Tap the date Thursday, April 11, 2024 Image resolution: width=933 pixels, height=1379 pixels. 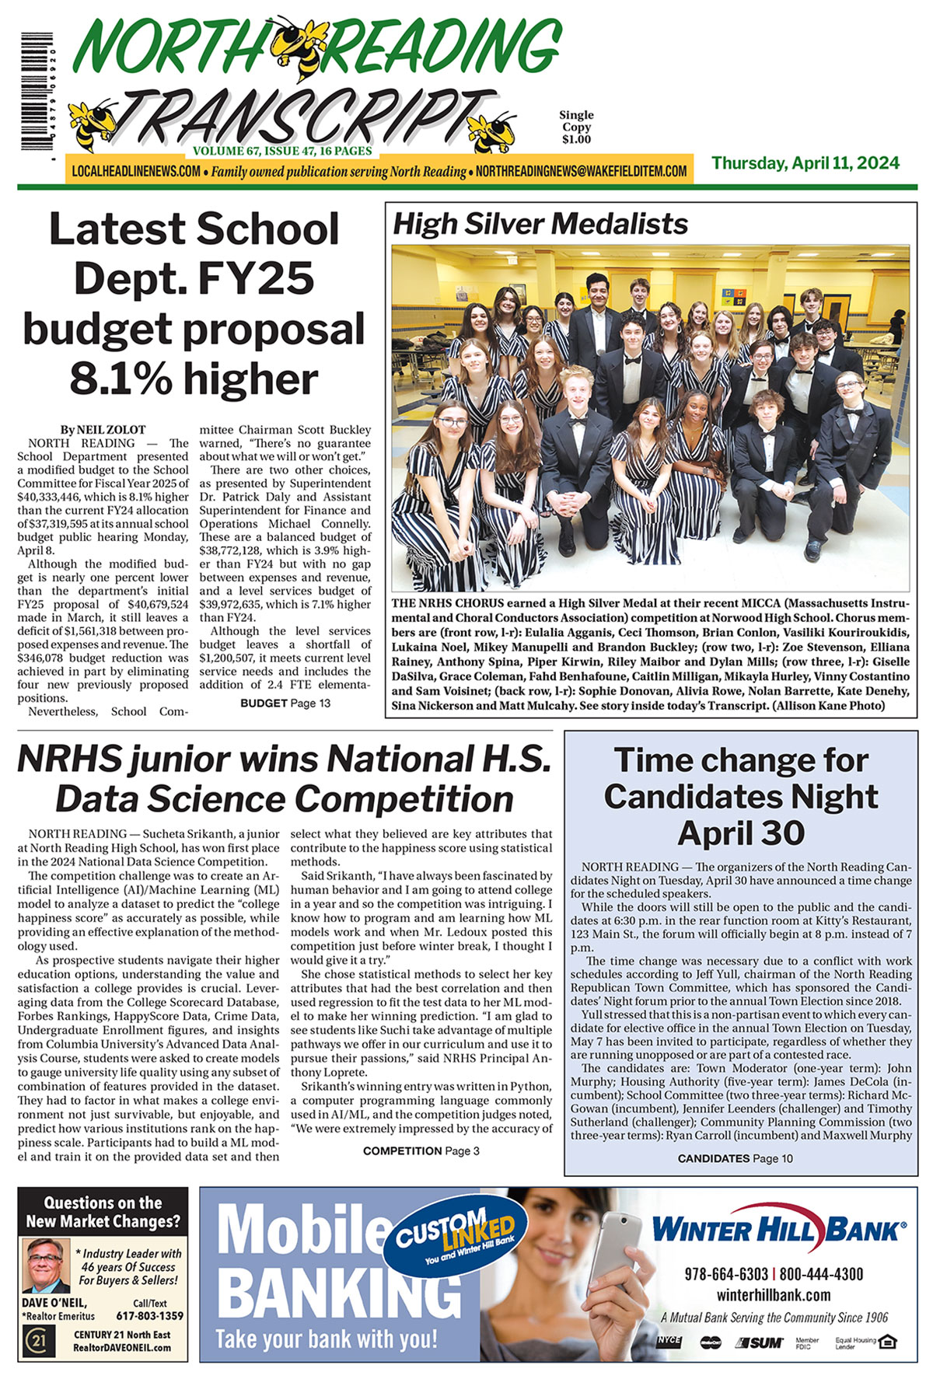coord(805,163)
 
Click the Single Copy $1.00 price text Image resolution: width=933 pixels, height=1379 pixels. coord(576,127)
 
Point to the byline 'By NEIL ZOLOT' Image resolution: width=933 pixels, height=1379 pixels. coord(103,429)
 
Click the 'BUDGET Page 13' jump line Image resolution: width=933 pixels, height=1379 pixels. coord(285,703)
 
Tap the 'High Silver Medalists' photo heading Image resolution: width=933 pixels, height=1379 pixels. coord(540,224)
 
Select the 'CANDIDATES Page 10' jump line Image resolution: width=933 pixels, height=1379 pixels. coord(736,1158)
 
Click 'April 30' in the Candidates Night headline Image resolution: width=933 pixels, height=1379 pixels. coord(741,833)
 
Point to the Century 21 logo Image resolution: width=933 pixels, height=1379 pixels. coord(35,1342)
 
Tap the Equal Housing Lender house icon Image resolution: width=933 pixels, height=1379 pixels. coord(891,1342)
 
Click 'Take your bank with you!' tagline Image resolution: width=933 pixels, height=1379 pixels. coord(326,1339)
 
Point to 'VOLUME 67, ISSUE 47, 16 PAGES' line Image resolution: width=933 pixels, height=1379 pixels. coord(282,151)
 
